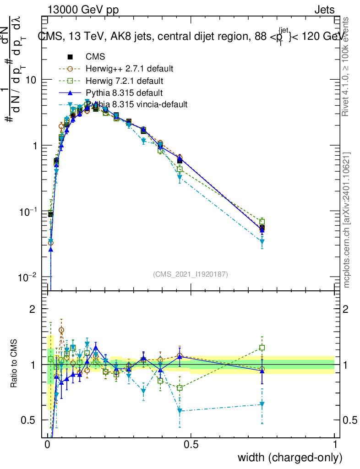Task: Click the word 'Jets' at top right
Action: (324, 10)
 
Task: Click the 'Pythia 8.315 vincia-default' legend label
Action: (136, 104)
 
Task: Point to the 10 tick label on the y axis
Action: (31, 80)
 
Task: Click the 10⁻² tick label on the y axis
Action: (28, 278)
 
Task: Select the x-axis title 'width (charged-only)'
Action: (290, 458)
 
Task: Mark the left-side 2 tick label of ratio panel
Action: (33, 310)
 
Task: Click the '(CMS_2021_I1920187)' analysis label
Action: (190, 274)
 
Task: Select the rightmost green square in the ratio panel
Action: (262, 348)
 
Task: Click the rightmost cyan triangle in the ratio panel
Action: (262, 404)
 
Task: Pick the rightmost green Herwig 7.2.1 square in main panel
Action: (262, 221)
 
